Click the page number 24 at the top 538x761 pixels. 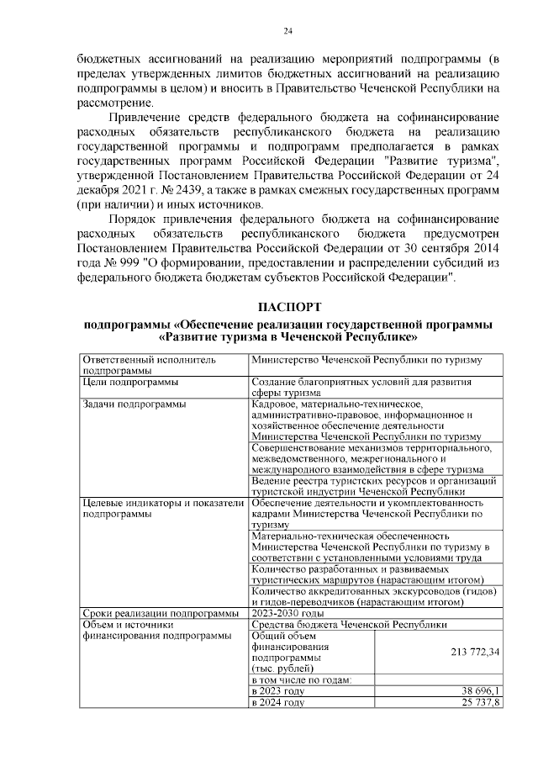click(x=287, y=31)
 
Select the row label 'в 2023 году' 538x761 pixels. click(x=278, y=690)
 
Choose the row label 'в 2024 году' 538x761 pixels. click(x=278, y=702)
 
